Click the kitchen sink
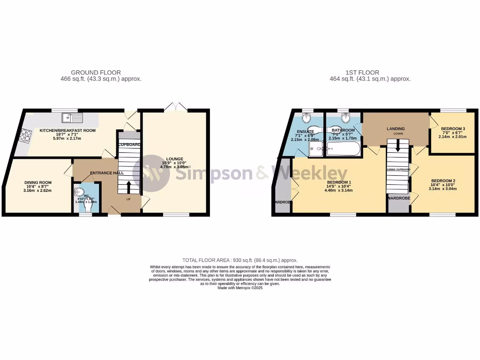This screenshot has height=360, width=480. point(74,118)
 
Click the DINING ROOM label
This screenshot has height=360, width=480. point(38,182)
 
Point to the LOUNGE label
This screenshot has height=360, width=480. point(174,159)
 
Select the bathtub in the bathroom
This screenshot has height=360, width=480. point(343,150)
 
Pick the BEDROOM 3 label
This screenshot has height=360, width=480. point(453,128)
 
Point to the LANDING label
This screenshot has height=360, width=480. point(395,128)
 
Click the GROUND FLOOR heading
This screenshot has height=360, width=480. point(96,72)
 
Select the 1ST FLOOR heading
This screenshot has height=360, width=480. point(362,72)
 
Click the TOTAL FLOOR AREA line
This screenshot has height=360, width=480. point(240,260)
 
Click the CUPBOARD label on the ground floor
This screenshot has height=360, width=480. point(129,144)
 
